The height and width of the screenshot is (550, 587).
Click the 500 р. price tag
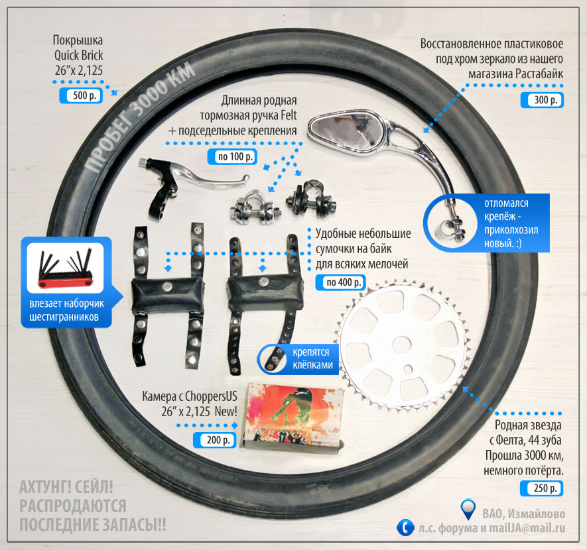(x=81, y=95)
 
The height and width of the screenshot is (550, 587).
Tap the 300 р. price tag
(x=542, y=100)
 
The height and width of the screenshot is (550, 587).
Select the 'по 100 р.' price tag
(x=232, y=156)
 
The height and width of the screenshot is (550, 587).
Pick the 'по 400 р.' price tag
(x=340, y=282)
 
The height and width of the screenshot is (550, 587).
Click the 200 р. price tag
(x=214, y=440)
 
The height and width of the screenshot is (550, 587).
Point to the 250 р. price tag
(x=542, y=488)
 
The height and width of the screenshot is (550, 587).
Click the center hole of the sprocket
(x=401, y=343)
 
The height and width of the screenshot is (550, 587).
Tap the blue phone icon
(x=405, y=527)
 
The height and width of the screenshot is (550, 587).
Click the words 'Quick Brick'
(x=79, y=56)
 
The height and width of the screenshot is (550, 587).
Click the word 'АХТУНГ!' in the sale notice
(x=44, y=488)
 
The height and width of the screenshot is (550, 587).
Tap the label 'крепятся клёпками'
(x=312, y=358)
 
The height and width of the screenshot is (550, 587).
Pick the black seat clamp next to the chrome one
(x=310, y=200)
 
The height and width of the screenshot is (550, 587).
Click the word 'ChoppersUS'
(x=211, y=396)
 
